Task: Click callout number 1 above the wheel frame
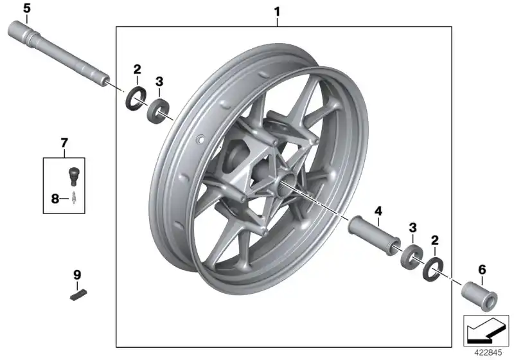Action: [x=277, y=12]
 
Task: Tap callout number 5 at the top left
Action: [x=26, y=8]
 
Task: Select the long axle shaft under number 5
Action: [x=61, y=57]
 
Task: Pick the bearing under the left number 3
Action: [x=158, y=110]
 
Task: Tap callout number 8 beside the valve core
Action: [x=55, y=199]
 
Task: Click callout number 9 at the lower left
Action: [x=77, y=274]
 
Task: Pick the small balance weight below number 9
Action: [x=78, y=296]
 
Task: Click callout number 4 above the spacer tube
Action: [x=378, y=211]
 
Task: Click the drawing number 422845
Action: [x=490, y=352]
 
